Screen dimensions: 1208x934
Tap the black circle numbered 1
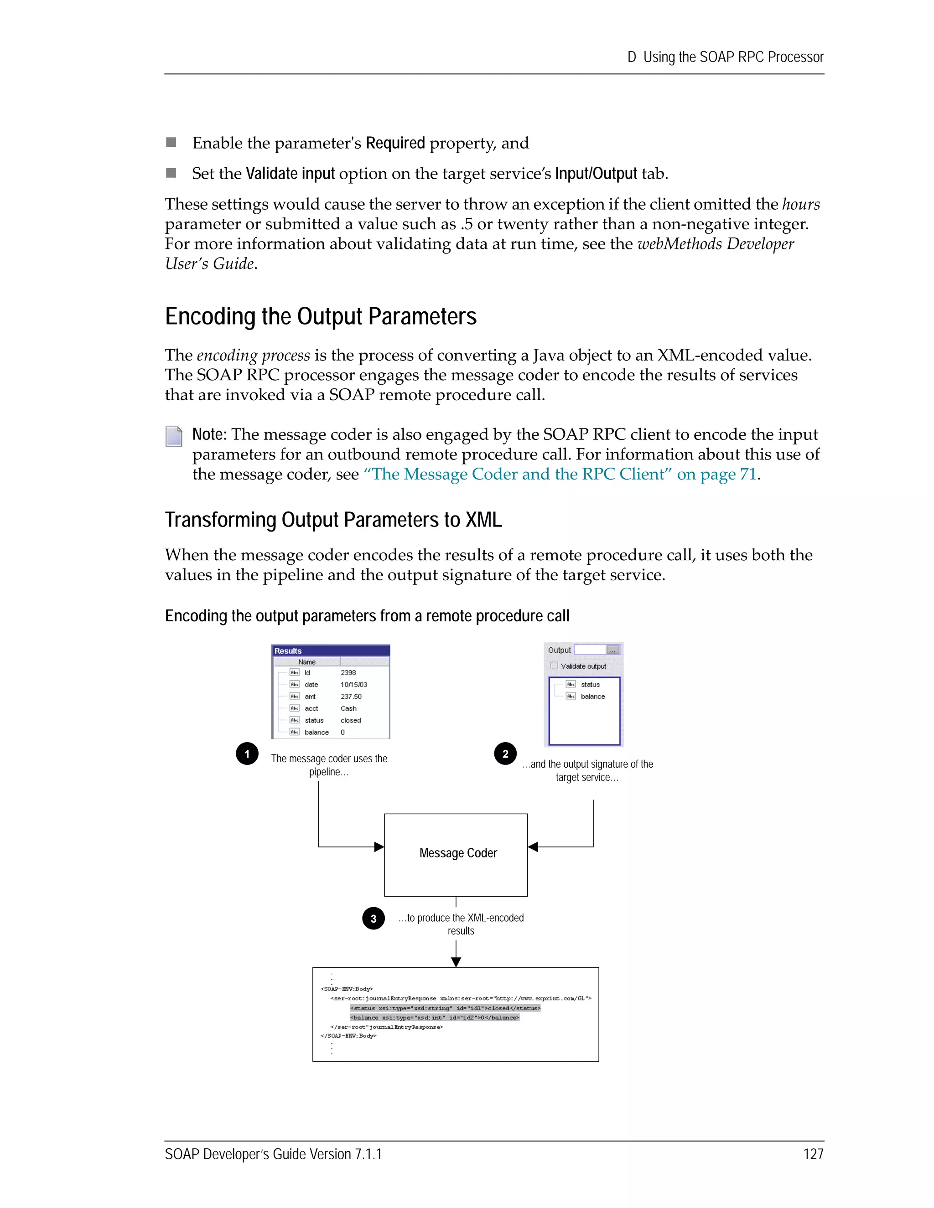(247, 754)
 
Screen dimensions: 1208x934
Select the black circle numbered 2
(505, 754)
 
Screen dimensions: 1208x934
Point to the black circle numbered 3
(374, 919)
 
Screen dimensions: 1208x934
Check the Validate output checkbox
(555, 666)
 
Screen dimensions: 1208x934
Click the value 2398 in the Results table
(348, 672)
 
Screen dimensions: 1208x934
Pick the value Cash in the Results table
(348, 708)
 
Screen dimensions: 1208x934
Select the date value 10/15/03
(353, 685)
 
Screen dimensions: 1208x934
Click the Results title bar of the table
(330, 651)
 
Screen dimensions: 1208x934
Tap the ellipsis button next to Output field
(612, 650)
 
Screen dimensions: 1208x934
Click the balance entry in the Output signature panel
(592, 697)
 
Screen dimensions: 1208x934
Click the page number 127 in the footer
(813, 1154)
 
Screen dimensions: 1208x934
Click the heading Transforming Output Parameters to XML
(333, 520)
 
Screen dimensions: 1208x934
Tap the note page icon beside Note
(174, 436)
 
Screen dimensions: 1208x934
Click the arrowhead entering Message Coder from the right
(533, 847)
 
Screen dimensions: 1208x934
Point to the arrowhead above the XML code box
(456, 962)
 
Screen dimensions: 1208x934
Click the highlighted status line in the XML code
(445, 1008)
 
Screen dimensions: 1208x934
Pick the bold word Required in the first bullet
(395, 143)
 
